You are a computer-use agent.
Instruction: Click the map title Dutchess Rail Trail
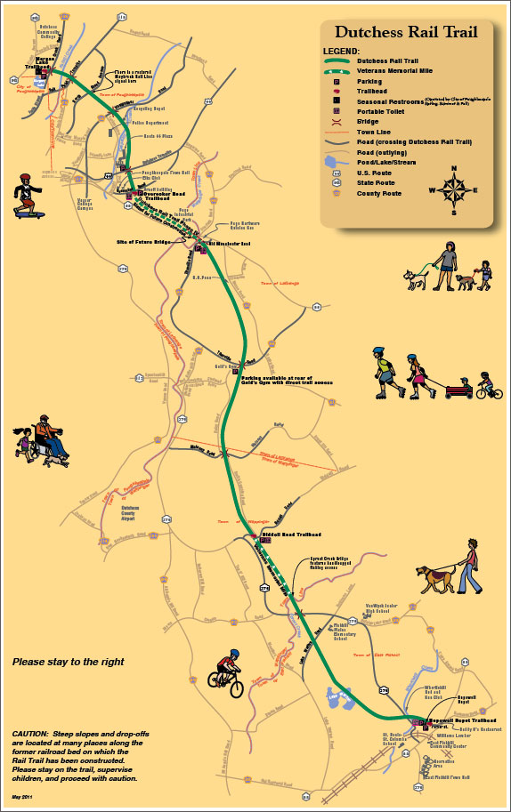click(x=406, y=32)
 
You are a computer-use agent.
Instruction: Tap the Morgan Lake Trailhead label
click(x=36, y=63)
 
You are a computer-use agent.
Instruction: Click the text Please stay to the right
click(x=68, y=662)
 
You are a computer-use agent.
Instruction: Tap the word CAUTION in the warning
click(x=30, y=733)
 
